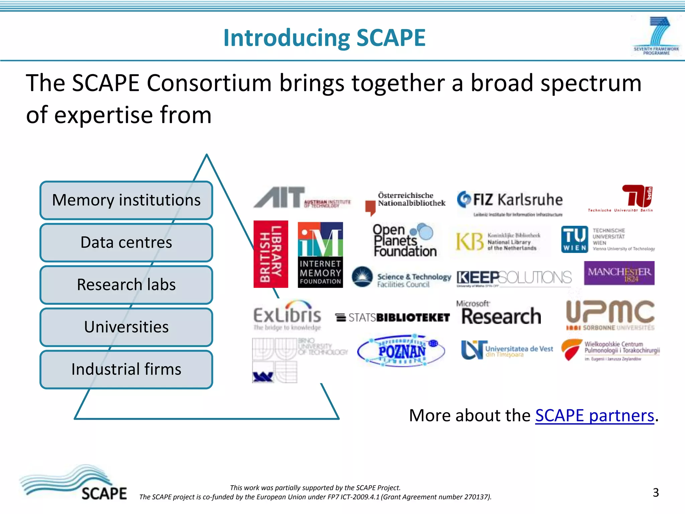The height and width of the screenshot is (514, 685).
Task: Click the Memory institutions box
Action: tap(126, 200)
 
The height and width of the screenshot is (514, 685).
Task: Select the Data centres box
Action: tap(126, 242)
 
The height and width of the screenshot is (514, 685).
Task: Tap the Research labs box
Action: tap(126, 284)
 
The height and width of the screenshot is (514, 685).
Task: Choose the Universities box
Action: tap(126, 327)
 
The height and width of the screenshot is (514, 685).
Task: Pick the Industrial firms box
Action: tap(126, 369)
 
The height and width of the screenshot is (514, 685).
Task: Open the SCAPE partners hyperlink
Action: tap(594, 416)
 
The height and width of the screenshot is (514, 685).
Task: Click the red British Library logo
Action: tap(271, 254)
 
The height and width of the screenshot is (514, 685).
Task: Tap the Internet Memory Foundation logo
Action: tap(320, 255)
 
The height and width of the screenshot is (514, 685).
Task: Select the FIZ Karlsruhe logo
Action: tap(510, 202)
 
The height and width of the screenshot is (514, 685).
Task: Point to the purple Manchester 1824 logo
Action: tap(619, 273)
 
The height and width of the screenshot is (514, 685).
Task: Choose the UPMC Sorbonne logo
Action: tap(610, 315)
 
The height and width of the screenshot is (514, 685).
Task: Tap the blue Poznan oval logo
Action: tap(401, 351)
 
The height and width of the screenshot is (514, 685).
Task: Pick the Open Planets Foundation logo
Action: tap(405, 241)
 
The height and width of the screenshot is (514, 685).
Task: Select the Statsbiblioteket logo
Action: tap(392, 317)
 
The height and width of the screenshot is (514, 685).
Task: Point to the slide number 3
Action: tap(656, 493)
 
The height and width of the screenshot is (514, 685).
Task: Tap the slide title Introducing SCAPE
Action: tap(324, 37)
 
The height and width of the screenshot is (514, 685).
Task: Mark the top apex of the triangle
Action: tap(207, 155)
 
